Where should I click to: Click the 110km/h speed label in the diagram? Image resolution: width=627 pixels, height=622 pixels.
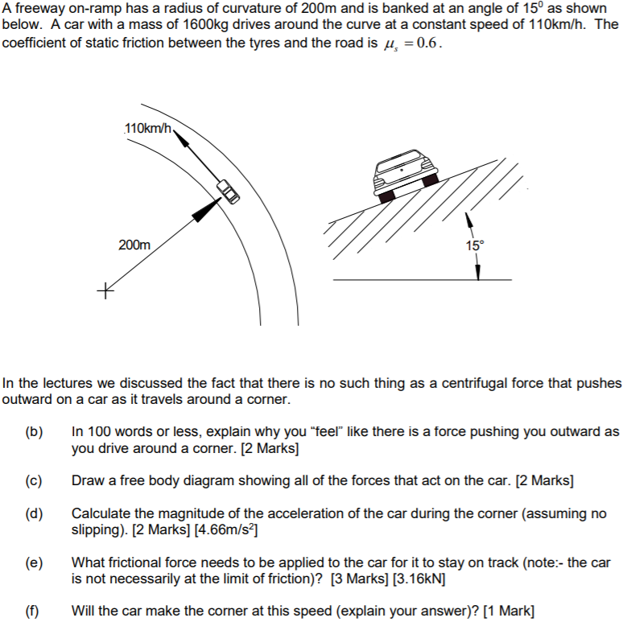click(147, 128)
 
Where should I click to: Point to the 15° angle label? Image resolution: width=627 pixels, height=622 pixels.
click(475, 245)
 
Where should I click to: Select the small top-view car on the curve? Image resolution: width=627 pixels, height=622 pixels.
click(228, 192)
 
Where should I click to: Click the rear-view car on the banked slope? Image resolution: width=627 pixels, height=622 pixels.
click(406, 174)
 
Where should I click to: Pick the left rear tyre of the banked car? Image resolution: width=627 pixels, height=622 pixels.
click(386, 196)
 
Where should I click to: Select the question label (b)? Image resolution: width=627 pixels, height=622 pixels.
click(33, 432)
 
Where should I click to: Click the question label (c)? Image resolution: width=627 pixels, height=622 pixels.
click(33, 481)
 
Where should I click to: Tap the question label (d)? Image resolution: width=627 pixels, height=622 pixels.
click(33, 513)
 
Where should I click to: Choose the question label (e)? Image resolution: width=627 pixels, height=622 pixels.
click(33, 562)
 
